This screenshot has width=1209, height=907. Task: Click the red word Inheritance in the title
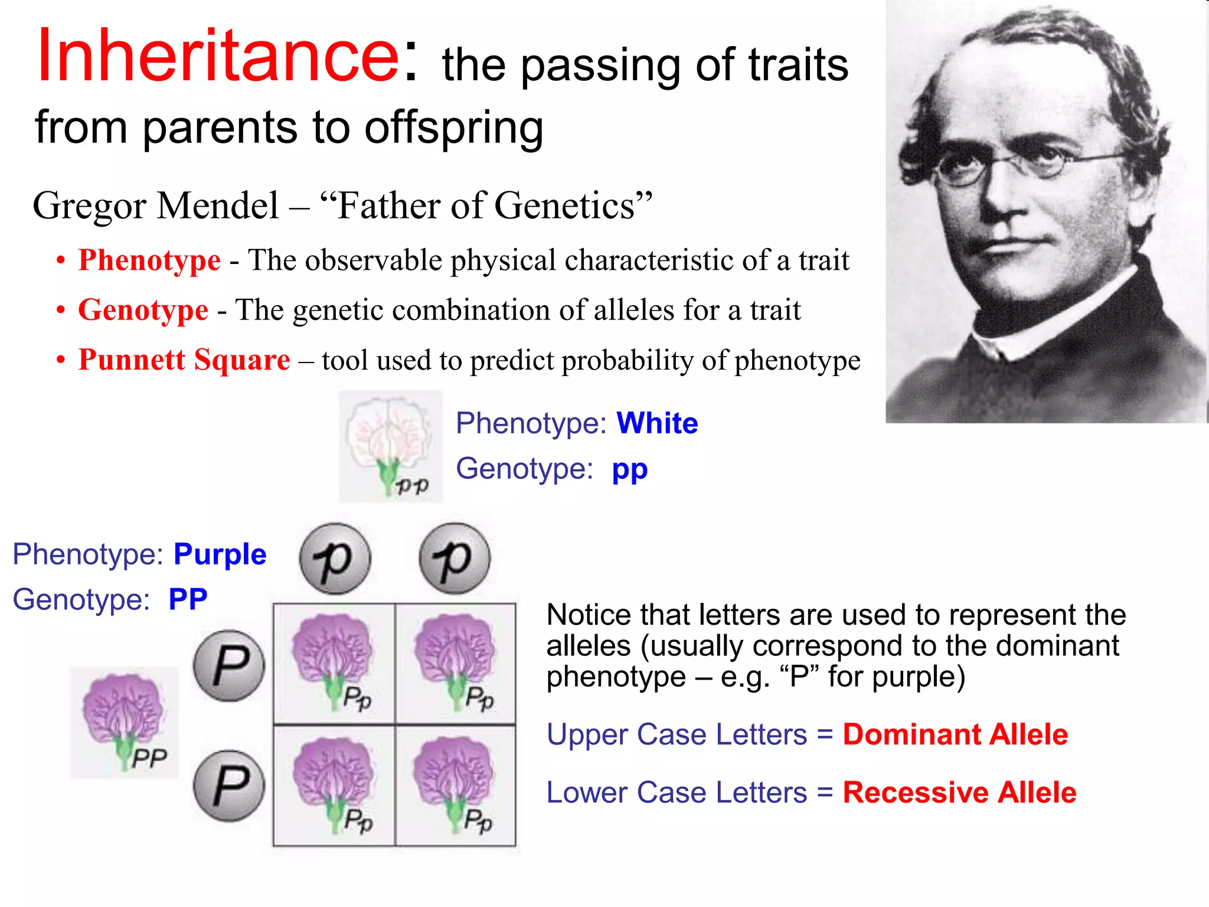218,56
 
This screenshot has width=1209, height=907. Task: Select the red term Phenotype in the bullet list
149,260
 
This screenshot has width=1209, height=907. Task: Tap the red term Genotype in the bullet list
143,310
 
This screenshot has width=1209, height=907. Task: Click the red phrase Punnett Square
184,360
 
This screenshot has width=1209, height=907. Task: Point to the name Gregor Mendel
155,206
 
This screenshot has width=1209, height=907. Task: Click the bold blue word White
657,423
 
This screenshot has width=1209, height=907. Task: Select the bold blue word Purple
220,554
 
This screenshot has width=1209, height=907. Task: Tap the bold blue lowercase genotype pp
629,469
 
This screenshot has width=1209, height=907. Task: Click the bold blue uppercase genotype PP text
188,599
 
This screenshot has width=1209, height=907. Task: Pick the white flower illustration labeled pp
390,446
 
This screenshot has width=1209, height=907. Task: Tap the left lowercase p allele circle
335,559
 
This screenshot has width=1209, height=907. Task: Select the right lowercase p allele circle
455,559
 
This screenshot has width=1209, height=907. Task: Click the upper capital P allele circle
229,665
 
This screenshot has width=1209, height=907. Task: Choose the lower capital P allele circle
229,786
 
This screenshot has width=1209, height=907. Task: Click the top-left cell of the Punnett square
334,664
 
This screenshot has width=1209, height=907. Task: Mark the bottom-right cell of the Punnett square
455,786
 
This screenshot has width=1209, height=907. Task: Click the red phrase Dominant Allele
955,735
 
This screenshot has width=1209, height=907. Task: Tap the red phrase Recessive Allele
959,792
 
